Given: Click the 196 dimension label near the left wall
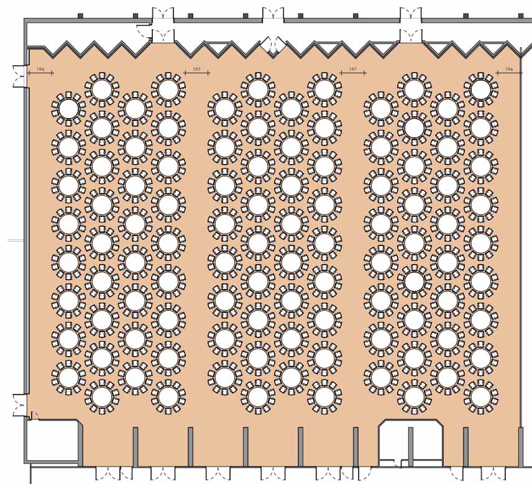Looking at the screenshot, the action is click(40, 69).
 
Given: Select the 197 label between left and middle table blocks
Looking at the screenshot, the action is click(197, 69).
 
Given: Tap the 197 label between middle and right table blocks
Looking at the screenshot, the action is click(353, 69).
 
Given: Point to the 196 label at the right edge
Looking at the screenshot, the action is click(509, 69).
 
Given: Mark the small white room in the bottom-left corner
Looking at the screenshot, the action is click(53, 441).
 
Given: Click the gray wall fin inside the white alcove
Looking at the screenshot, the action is click(411, 446).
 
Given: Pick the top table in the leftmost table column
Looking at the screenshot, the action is click(68, 109).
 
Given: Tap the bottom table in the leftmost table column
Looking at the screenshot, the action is click(68, 377).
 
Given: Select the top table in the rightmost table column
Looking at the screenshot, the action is click(481, 89).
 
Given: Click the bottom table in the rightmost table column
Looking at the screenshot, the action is click(481, 396).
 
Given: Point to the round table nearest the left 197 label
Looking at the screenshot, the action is click(168, 89).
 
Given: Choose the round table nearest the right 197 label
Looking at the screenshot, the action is click(324, 89).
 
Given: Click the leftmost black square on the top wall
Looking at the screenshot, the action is click(80, 16).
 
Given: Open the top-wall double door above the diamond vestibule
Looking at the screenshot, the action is click(273, 14).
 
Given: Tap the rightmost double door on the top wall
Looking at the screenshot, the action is click(411, 14).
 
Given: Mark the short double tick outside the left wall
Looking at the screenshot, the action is click(16, 241).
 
